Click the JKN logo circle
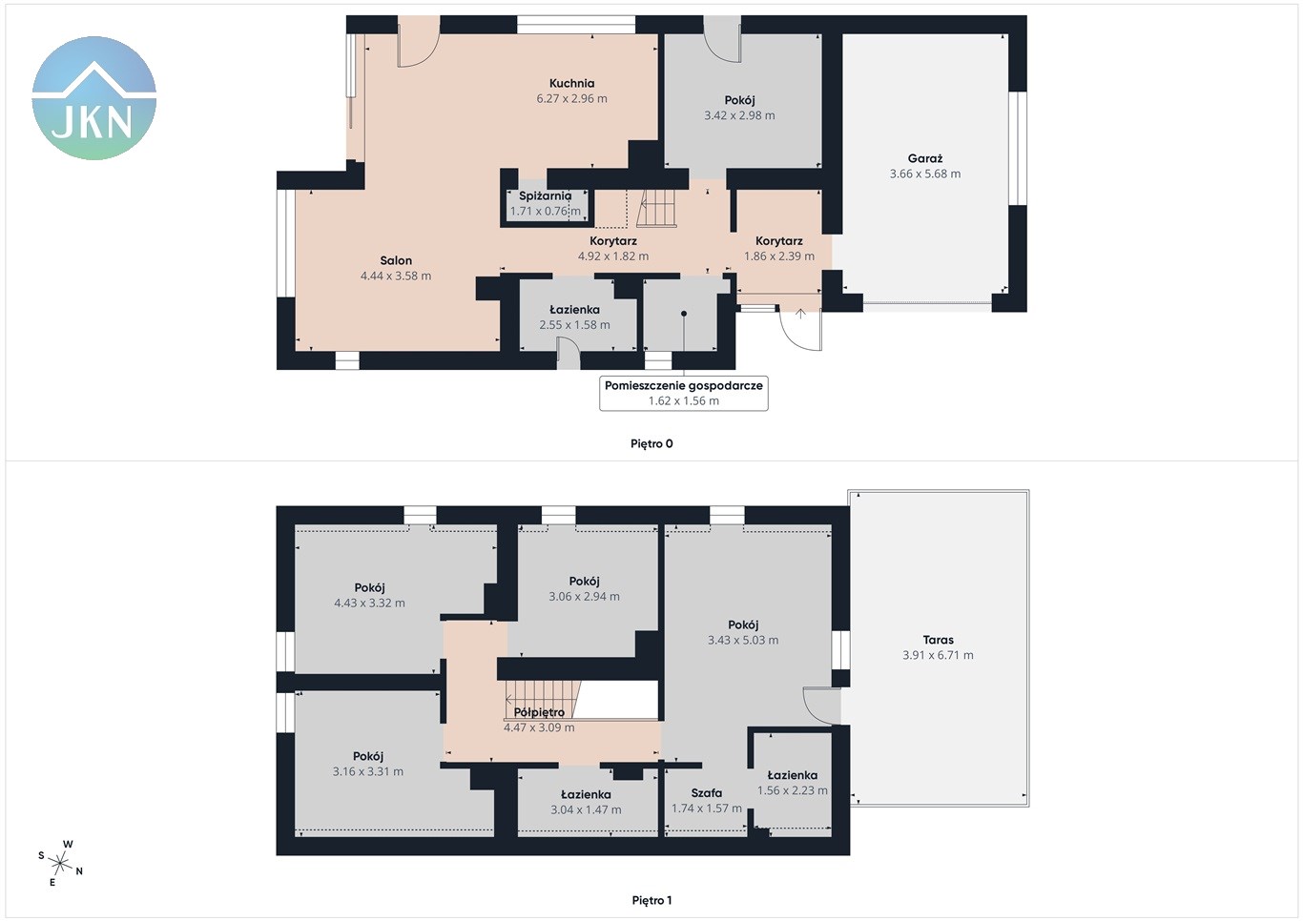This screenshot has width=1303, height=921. coord(93,98)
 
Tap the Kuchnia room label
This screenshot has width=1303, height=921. coord(571,83)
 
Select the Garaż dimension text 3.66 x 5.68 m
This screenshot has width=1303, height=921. coord(925,174)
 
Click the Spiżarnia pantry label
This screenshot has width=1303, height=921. coord(545,196)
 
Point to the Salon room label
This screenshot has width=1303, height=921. coord(396,260)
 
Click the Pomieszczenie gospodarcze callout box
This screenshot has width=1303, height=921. coord(684,393)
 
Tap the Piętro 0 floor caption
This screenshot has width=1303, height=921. coord(651,443)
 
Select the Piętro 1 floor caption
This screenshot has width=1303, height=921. coord(651,900)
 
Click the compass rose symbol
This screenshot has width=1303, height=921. coord(60,864)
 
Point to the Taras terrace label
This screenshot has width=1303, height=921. coord(938,640)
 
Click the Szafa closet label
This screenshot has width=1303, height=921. coord(706,792)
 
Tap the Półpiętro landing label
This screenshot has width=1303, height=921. coord(539,712)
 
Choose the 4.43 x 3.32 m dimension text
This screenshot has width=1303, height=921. coord(369,603)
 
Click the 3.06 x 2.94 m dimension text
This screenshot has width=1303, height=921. coord(584,596)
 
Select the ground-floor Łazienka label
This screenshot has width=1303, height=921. coord(574,310)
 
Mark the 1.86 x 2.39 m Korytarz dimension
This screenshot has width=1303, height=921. coord(779,256)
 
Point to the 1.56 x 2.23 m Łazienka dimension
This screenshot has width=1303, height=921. coord(792,790)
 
